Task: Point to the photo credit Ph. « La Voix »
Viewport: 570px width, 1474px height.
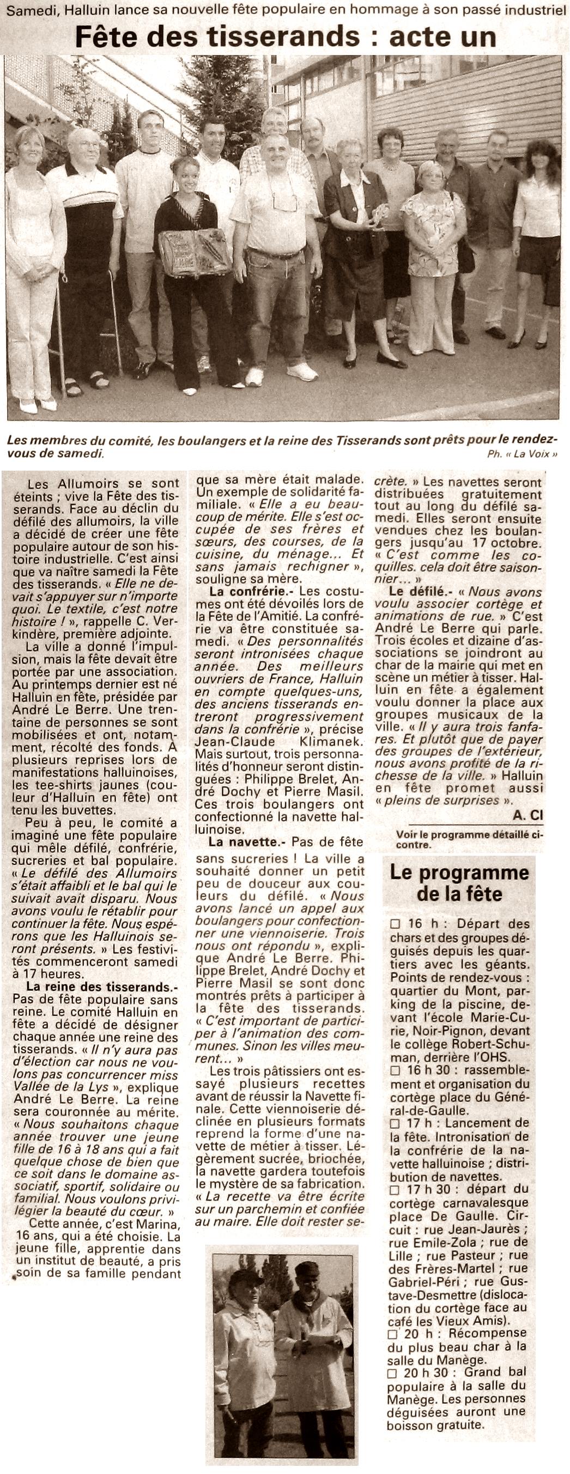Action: click(x=521, y=454)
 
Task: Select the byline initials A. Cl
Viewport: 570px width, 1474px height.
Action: click(x=527, y=814)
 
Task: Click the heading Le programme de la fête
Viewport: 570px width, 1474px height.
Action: click(x=459, y=883)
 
